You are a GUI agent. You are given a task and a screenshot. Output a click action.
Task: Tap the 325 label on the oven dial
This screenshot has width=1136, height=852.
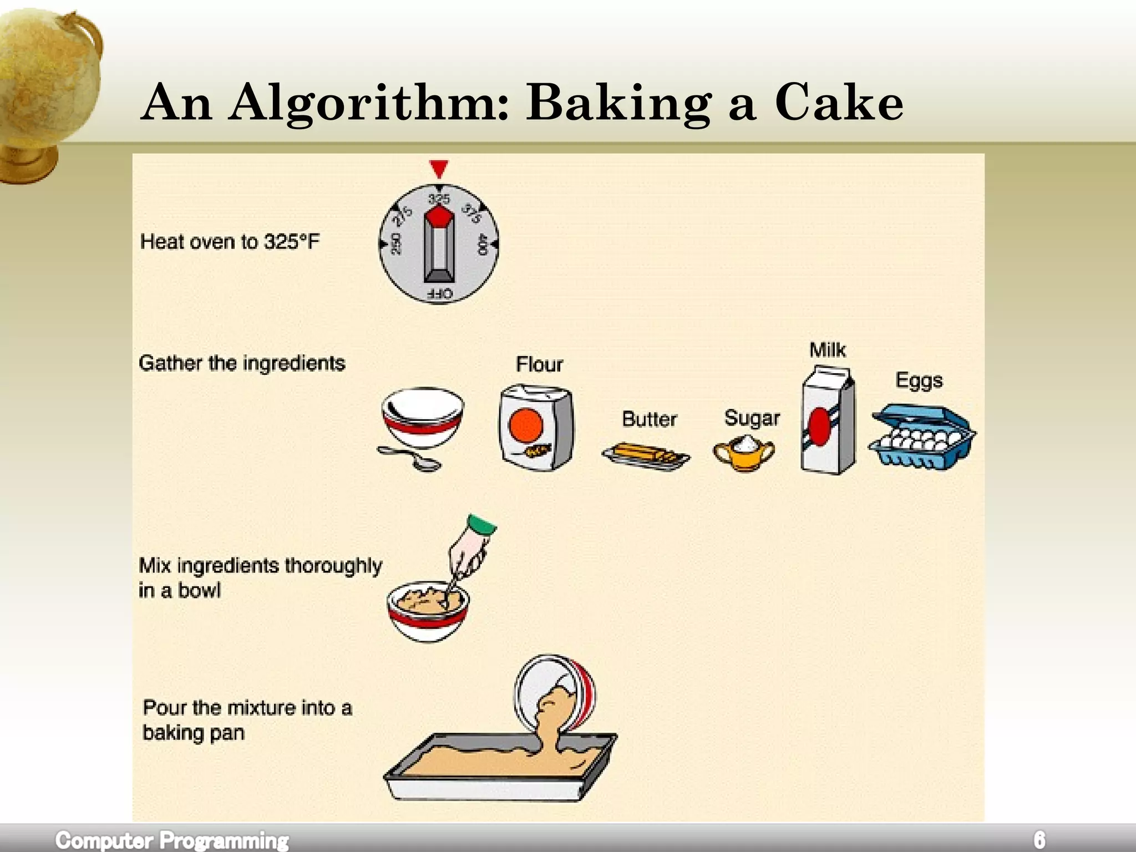coord(439,199)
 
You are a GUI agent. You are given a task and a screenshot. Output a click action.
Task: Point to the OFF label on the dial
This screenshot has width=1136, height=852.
coord(439,294)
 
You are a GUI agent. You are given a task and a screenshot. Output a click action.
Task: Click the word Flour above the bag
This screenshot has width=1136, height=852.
coord(539,364)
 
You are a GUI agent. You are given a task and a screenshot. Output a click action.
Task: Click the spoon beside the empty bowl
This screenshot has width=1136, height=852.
coord(410,457)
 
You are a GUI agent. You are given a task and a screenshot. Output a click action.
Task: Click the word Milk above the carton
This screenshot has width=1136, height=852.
coord(828,350)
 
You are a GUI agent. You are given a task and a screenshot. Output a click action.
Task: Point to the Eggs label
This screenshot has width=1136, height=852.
coord(919,381)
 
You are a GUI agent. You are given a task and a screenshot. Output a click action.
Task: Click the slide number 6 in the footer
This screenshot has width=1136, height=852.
coord(1039,839)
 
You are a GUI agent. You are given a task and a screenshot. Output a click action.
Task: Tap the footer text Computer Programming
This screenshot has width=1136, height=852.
coord(172,840)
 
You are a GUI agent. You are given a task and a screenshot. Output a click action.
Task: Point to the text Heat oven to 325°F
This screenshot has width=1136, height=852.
coord(230,242)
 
